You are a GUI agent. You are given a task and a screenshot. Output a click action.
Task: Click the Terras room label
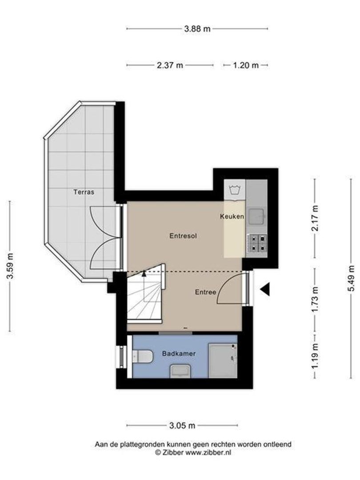pos(84,192)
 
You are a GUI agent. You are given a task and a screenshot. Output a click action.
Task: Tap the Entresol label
pos(183,236)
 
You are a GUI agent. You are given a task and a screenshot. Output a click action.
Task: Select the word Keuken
pos(232,216)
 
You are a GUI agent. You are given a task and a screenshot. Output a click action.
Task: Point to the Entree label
pos(205,292)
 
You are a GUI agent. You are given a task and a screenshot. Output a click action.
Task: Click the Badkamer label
pos(179,354)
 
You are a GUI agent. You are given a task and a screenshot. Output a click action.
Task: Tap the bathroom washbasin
pos(180,371)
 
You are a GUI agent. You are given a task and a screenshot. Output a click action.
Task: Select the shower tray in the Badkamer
pos(223,360)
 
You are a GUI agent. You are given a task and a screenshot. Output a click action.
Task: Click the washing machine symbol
pos(235,190)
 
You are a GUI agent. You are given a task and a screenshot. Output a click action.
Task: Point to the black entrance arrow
pos(265,289)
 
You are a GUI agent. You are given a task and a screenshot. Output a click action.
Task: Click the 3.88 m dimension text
pos(197,29)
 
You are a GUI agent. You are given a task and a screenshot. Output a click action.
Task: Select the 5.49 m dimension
pos(351,279)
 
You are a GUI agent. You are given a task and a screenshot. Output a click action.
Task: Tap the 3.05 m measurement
pos(182,425)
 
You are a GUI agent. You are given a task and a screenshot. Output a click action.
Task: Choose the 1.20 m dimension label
pos(246,65)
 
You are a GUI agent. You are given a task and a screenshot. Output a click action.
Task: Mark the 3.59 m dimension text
pos(10,266)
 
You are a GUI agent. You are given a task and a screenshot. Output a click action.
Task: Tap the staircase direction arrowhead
pos(144,274)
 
